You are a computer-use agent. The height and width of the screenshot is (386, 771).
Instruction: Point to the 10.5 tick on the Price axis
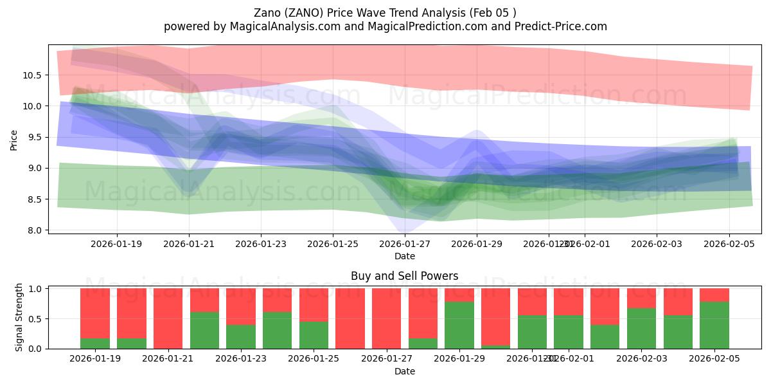[x=32, y=75]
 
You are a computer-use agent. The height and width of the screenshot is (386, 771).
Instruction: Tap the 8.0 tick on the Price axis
[x=35, y=230]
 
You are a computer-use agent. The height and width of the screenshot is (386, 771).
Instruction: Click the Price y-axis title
[x=14, y=139]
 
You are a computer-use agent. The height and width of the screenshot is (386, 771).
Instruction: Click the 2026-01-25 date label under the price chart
[x=333, y=244]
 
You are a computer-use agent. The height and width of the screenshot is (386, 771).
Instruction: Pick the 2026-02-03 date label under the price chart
[x=657, y=244]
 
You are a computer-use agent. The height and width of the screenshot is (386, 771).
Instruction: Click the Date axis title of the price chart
[x=405, y=256]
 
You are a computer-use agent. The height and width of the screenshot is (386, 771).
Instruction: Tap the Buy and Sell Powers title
[x=405, y=276]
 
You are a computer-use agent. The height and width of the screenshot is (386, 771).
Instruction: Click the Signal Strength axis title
[x=19, y=317]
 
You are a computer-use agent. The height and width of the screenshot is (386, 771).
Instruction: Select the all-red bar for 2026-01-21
[x=168, y=318]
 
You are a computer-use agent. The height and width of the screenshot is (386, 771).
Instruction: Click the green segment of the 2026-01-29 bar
[x=459, y=326]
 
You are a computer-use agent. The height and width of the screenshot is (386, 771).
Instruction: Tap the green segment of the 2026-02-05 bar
[x=714, y=326]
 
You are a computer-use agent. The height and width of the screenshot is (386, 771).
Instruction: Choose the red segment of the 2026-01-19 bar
[x=95, y=313]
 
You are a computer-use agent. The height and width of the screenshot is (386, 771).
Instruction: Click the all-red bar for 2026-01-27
[x=387, y=318]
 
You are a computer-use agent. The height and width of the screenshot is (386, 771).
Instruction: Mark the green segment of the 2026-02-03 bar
[x=641, y=329]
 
